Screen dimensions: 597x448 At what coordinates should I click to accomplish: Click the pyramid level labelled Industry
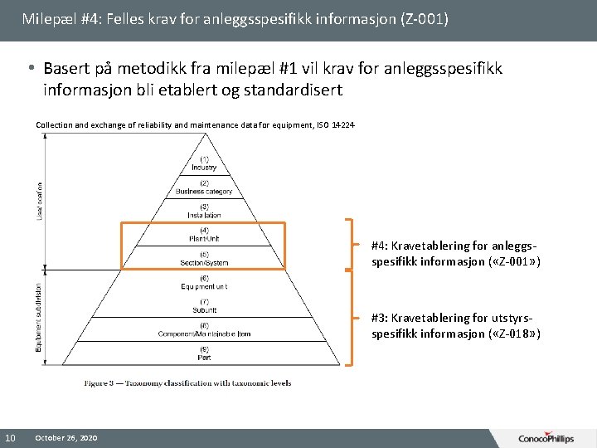[204, 163]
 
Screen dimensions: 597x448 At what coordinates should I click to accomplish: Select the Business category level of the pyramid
[204, 187]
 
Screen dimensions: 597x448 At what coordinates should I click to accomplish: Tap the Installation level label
[204, 211]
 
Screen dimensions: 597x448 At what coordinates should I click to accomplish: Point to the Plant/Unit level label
[204, 235]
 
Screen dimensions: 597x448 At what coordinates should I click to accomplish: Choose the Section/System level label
[204, 259]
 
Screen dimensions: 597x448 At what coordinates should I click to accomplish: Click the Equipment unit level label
[204, 283]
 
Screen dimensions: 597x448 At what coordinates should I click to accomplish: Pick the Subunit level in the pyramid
[204, 307]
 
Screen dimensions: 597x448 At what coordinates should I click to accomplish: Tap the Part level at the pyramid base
[204, 354]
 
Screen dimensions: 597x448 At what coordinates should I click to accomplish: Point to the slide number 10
[10, 437]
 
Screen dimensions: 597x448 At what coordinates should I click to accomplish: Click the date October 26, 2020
[66, 437]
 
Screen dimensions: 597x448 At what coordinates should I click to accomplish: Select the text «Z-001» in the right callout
[513, 261]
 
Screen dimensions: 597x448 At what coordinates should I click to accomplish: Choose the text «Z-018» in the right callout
[513, 333]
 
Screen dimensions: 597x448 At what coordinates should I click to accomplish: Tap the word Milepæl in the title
[46, 18]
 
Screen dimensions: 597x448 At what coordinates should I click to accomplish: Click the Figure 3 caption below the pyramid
[187, 382]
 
